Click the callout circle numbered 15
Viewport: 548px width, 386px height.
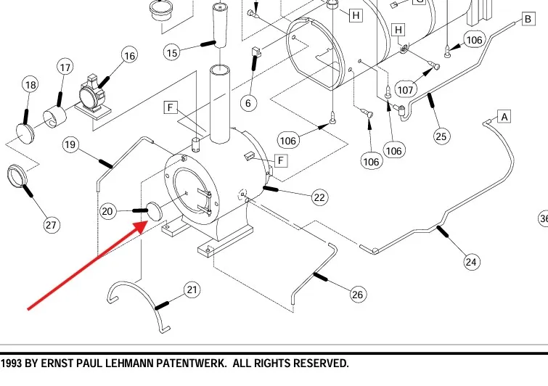tap(172, 52)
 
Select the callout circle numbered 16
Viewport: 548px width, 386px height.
tap(129, 56)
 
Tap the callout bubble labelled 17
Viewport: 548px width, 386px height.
tap(65, 67)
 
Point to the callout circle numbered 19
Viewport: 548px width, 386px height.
tap(70, 144)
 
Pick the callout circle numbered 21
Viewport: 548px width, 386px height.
tap(191, 290)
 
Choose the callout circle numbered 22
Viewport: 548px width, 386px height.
tap(320, 197)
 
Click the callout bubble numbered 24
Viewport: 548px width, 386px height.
tap(472, 262)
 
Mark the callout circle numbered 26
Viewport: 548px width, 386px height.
tap(357, 294)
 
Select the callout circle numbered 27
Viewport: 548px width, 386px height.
tap(51, 225)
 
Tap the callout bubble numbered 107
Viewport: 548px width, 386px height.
tap(406, 90)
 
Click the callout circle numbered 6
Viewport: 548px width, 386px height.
tap(248, 103)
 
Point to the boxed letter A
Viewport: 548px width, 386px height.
tap(504, 116)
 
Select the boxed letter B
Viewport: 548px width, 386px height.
tap(527, 19)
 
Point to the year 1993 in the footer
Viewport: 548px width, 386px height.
tap(13, 363)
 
